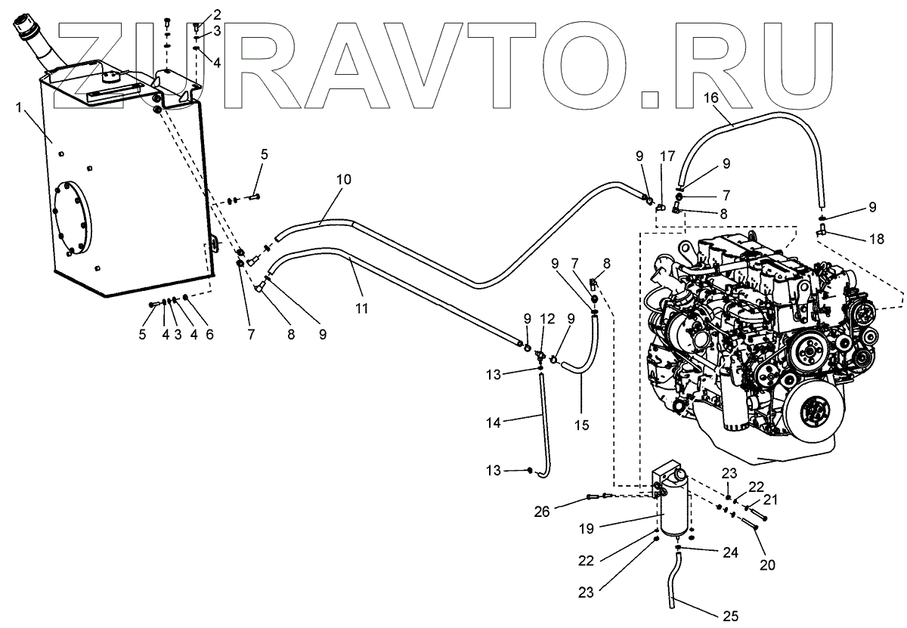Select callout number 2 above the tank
click(217, 14)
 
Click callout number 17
click(667, 157)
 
